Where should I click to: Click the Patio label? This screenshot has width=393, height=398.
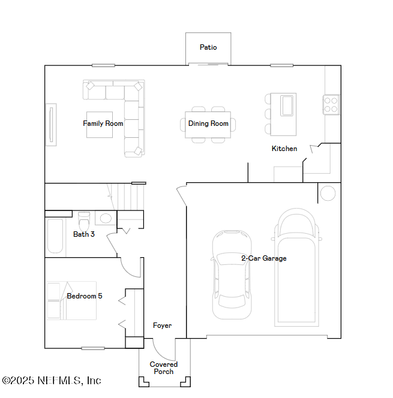208,47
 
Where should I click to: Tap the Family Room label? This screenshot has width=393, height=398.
103,123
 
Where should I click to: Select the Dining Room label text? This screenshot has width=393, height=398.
208,123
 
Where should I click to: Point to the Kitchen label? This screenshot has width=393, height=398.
284,149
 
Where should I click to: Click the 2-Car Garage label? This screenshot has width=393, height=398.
263,258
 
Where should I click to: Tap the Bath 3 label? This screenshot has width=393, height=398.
84,234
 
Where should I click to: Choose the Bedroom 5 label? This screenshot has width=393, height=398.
84,296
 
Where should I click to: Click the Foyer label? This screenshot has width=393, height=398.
162,325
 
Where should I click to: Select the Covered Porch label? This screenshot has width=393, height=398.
163,368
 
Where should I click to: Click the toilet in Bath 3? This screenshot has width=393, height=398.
83,217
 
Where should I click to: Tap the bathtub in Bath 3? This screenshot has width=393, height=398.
55,237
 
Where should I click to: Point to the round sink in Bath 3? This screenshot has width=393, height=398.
106,218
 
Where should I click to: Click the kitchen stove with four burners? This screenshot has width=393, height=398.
331,104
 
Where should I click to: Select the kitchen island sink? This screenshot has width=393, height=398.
287,105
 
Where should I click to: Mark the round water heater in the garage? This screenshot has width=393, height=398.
328,193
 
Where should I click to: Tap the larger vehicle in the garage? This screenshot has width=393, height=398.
296,267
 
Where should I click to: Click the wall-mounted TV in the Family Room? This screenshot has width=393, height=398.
51,125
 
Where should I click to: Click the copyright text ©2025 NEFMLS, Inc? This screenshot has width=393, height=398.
52,381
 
